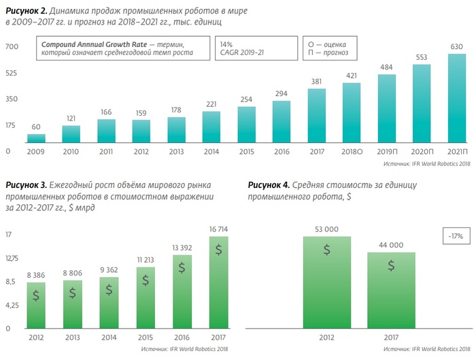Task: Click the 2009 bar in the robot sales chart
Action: coord(36,137)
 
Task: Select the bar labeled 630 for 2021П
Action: coord(457,98)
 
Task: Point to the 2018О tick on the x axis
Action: coord(352,151)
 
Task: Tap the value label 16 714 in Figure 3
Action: coord(219,229)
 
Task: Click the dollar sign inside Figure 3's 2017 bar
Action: coord(219,250)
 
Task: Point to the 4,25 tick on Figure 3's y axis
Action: coord(13,305)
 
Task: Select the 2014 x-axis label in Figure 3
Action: coord(109,337)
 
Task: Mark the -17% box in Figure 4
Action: coord(455,235)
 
